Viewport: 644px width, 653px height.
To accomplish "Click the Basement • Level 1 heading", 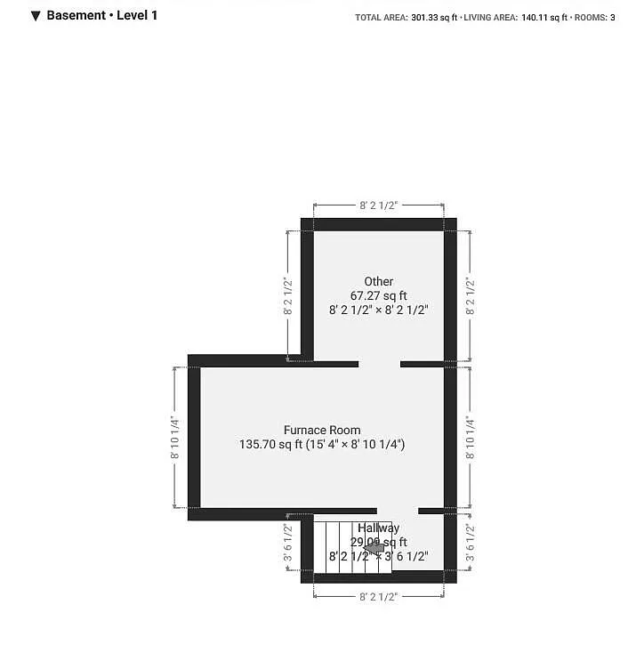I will pos(101,15).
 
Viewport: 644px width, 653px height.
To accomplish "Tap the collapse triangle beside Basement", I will pos(35,15).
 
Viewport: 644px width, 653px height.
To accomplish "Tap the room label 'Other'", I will pos(378,281).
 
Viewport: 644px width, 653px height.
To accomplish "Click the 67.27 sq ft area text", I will pos(378,295).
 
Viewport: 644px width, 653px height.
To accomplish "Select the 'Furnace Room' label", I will pos(322,430).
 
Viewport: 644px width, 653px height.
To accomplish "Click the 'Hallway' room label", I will pos(379,528).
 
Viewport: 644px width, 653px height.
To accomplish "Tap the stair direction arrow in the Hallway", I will pos(374,548).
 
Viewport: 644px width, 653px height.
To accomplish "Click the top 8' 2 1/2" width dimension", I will pos(378,205).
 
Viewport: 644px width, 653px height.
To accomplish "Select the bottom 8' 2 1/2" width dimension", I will pos(378,597).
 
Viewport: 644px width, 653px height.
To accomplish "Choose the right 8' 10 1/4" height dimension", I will pos(470,437).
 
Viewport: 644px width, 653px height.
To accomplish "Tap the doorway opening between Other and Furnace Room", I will pos(379,363).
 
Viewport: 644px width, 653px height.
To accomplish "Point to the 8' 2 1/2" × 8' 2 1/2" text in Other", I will pos(378,310).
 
